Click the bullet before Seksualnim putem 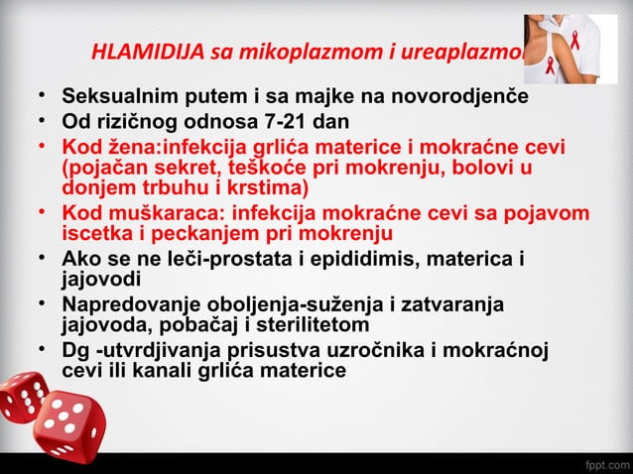tap(44, 97)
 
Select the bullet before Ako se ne tap(44, 259)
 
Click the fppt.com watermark tap(603, 462)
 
